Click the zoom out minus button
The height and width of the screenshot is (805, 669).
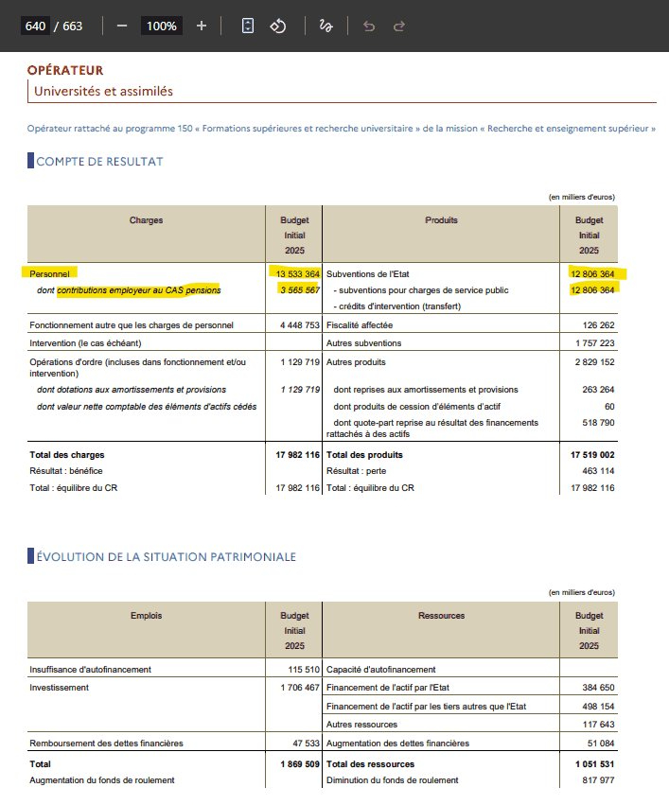tap(122, 26)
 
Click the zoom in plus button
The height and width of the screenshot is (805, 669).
tap(201, 26)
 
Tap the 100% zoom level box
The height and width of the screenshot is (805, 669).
tap(162, 26)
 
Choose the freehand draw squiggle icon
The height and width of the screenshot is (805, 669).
tap(326, 26)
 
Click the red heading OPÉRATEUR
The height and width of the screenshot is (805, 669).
tap(65, 70)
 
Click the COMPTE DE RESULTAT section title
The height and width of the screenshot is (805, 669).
tap(99, 161)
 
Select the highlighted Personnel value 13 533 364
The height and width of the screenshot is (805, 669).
tap(298, 273)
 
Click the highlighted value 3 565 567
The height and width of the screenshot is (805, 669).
tap(300, 289)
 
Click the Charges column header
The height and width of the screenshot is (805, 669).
tap(147, 220)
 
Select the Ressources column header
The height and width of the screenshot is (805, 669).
tap(441, 616)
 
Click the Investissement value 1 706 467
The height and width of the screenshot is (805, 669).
tap(300, 688)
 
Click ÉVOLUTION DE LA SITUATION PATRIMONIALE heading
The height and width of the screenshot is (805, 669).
tap(166, 556)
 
